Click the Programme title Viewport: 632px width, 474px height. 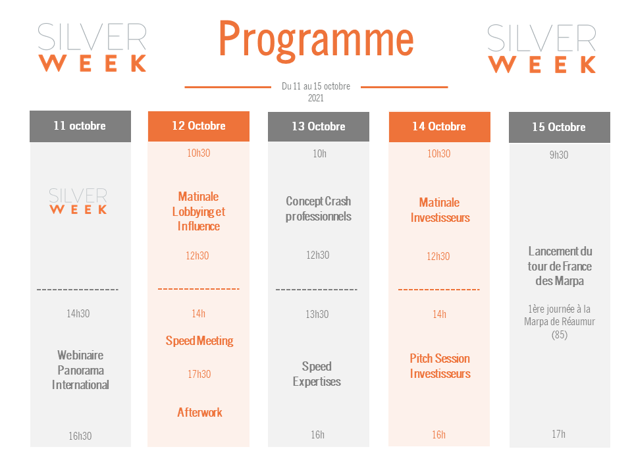[316, 40]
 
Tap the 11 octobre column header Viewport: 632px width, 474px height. [80, 126]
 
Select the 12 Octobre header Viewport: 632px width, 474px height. [199, 126]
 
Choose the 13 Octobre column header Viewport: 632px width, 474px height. [319, 126]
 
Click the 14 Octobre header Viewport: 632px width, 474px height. [439, 127]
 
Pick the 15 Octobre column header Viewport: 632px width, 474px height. [560, 127]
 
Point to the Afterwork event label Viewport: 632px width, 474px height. [199, 412]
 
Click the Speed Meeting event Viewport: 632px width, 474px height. [199, 341]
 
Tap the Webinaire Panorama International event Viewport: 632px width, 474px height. [80, 370]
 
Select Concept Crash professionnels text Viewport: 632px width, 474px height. [319, 209]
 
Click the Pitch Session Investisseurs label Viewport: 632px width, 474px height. [440, 366]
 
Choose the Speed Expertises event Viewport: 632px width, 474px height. [317, 374]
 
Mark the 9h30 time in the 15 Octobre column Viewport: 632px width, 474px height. [559, 155]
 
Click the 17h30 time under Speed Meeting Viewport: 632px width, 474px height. [199, 374]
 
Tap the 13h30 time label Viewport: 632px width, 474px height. [317, 315]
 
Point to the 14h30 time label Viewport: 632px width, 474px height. [78, 313]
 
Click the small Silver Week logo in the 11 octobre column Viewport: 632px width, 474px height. [78, 201]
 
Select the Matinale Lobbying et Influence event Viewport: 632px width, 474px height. [199, 211]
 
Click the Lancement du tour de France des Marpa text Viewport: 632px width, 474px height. [560, 266]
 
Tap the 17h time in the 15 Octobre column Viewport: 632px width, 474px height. [559, 434]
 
